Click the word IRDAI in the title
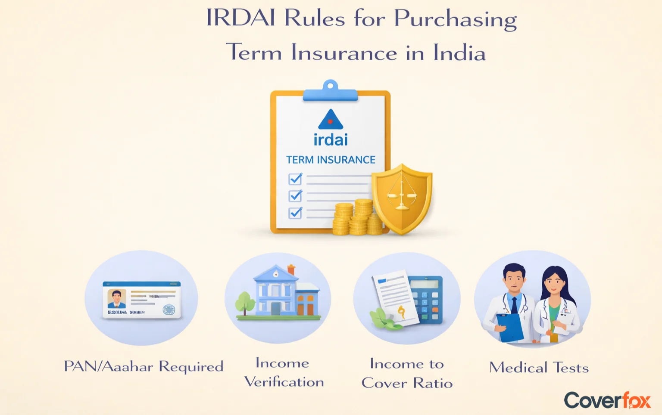tap(240, 19)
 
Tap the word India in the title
tap(459, 53)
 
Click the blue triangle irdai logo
tap(330, 120)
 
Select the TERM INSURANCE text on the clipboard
tap(331, 160)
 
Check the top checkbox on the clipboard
tap(295, 179)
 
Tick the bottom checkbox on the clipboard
tap(295, 213)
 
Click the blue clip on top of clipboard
tap(330, 92)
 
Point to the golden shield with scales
tap(402, 198)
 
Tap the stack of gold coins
tap(357, 218)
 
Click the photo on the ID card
tap(116, 298)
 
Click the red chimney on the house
tap(291, 269)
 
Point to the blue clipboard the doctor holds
tap(510, 327)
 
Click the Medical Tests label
tap(539, 368)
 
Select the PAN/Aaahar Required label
tap(144, 366)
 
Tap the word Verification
tap(284, 382)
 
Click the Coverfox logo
tap(607, 400)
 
